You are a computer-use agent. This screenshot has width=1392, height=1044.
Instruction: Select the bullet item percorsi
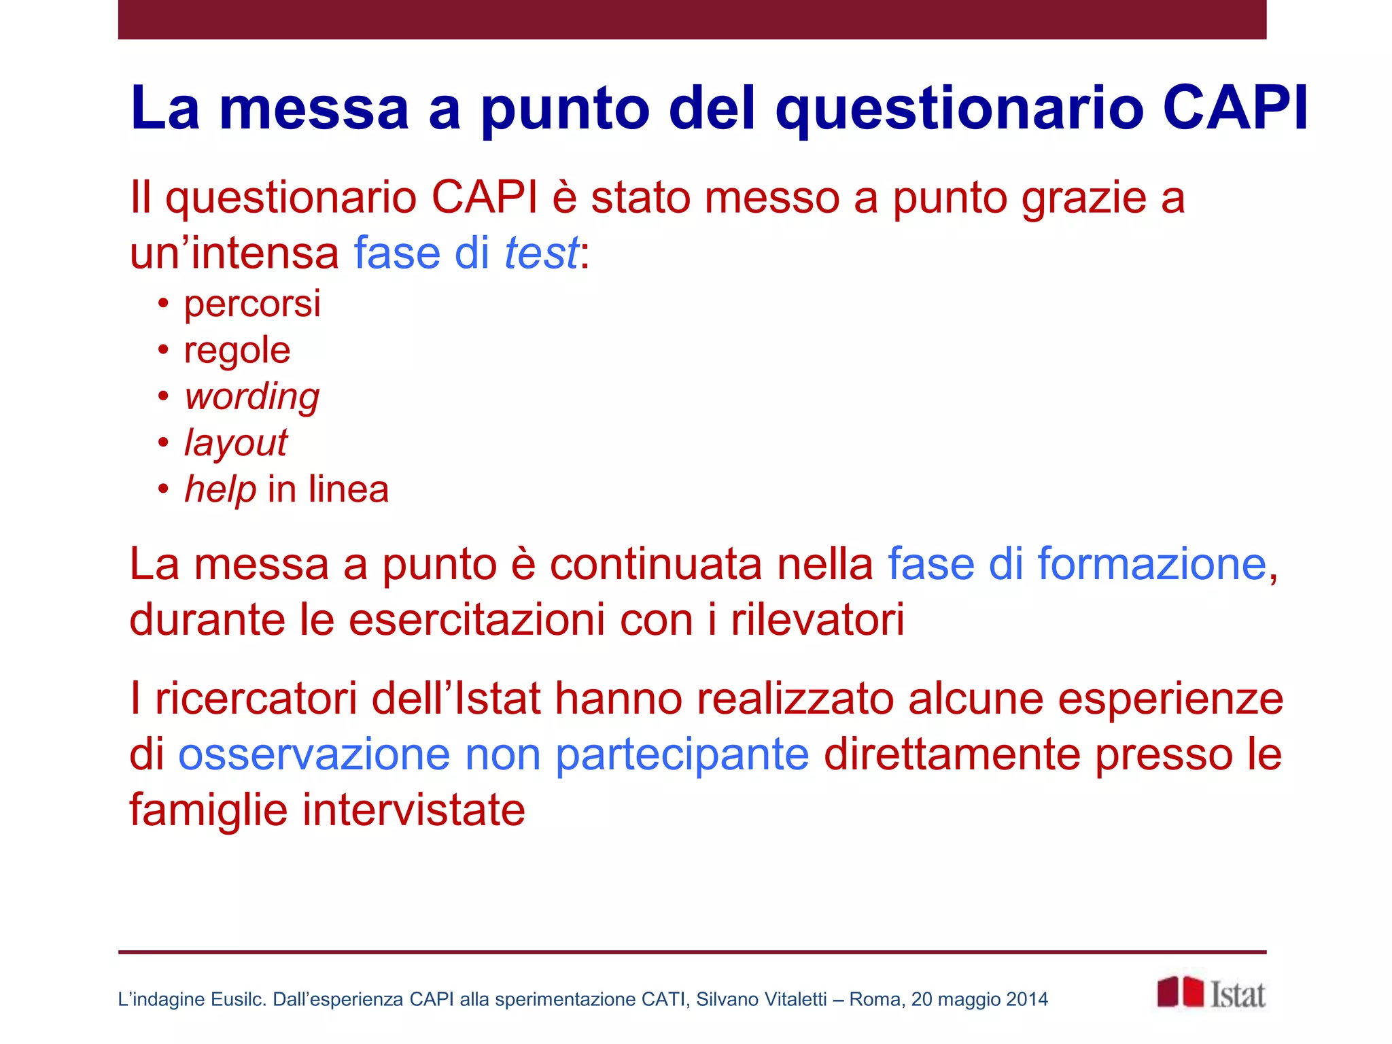coord(252,304)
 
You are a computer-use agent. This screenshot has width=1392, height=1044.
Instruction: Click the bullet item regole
coord(237,351)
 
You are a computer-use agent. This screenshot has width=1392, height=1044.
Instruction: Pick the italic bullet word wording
coord(252,397)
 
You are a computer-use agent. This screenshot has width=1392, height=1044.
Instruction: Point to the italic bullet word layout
coord(236,443)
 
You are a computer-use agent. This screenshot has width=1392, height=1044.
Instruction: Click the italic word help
coord(220,489)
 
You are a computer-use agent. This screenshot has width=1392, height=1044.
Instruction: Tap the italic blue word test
coord(541,253)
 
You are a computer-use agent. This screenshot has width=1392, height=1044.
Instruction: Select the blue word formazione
coord(1151,564)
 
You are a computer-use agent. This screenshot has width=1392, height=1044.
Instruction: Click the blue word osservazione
coord(314,754)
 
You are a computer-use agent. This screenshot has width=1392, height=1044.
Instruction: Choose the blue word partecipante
coord(682,756)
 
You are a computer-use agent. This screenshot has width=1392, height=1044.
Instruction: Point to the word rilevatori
coord(818,620)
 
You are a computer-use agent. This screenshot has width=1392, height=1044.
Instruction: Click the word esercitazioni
coord(476,620)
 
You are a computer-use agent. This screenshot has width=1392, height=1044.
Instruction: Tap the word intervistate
coord(413,810)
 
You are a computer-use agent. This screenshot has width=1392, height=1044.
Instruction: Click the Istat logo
coord(1211,993)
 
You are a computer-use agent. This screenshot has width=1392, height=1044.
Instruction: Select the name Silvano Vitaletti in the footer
coord(761,999)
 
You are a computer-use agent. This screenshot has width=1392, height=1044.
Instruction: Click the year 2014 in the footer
coord(1027,999)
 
